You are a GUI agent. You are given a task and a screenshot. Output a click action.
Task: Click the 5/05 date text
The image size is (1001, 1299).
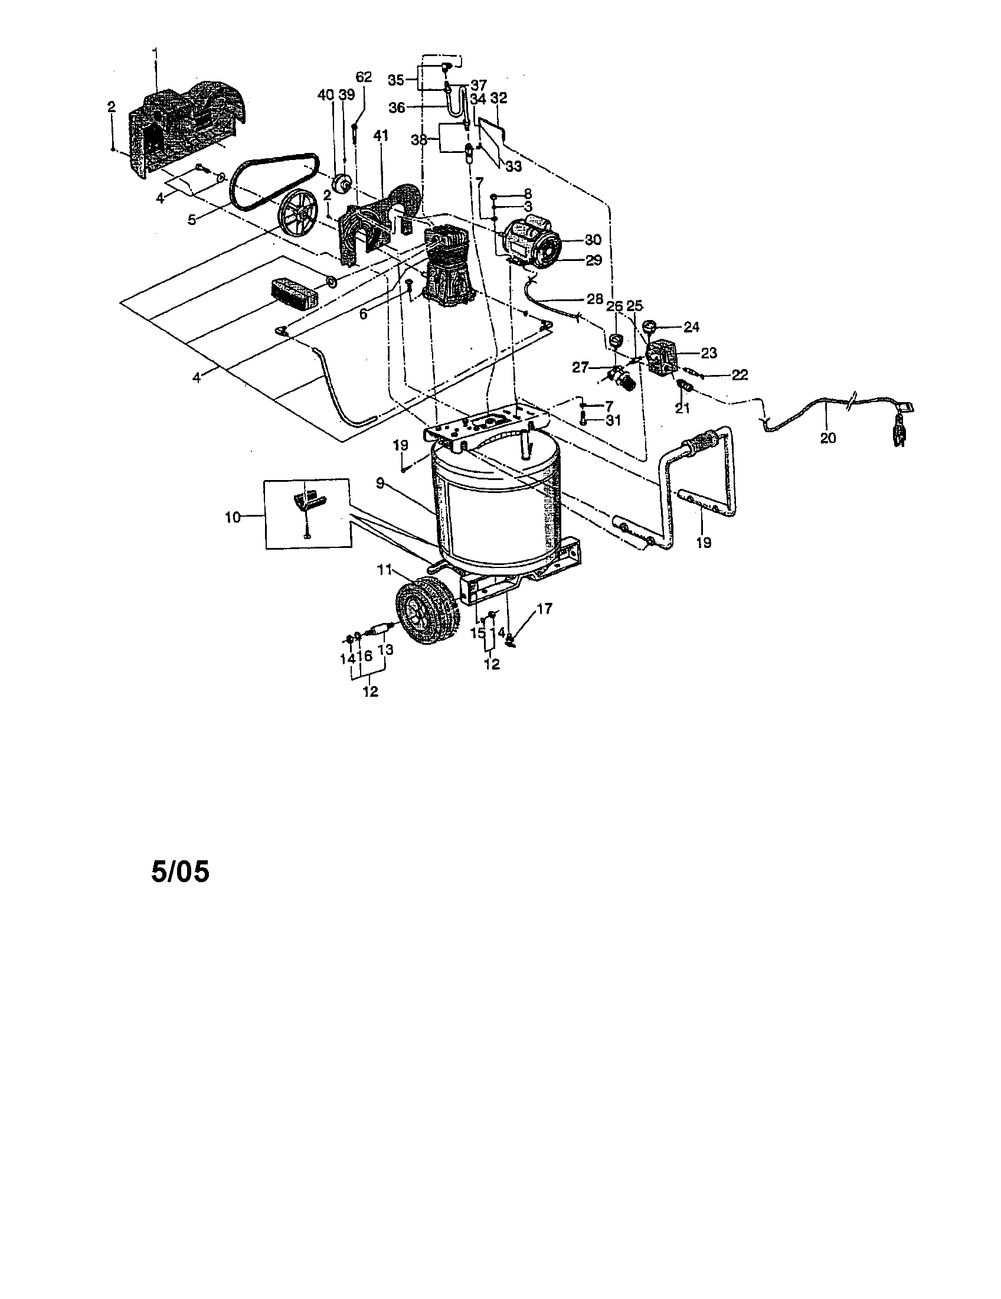(x=181, y=873)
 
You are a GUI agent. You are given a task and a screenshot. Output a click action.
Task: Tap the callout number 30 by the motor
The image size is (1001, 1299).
(x=593, y=239)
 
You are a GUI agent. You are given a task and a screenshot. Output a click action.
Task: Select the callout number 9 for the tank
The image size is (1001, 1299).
(x=381, y=468)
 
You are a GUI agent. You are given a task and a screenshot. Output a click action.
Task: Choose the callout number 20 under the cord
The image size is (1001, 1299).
(x=827, y=438)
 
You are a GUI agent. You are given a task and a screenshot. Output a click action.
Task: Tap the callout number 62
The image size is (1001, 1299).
(x=363, y=77)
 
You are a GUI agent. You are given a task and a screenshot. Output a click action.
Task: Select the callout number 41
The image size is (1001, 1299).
(x=381, y=136)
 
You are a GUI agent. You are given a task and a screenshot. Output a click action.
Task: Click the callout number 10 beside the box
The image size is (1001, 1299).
(x=233, y=517)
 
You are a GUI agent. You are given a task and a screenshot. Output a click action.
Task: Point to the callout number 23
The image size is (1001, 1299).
(x=708, y=353)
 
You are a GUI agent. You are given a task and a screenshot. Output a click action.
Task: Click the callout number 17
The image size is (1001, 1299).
(x=545, y=608)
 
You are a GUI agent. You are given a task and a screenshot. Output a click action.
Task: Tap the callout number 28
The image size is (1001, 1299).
(x=594, y=299)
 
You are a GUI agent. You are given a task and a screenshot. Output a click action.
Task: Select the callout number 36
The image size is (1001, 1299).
(x=397, y=107)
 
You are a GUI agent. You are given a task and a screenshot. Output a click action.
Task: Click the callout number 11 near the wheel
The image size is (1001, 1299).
(x=384, y=570)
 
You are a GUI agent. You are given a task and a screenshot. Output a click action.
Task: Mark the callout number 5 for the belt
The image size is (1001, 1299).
(x=191, y=220)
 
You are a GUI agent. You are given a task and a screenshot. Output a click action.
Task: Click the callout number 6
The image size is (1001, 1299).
(x=363, y=314)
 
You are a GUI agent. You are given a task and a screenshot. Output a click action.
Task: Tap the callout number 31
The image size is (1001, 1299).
(x=613, y=420)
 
